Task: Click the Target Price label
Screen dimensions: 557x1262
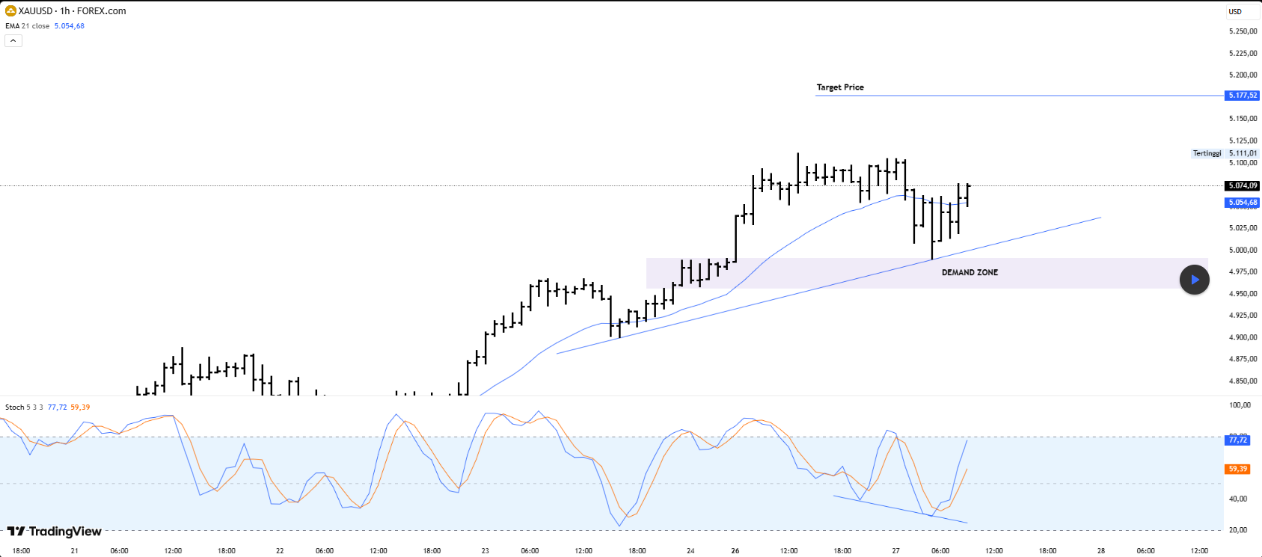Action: pos(839,87)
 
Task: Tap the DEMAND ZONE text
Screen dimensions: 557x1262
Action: pos(970,273)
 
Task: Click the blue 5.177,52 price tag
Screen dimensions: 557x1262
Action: pos(1242,96)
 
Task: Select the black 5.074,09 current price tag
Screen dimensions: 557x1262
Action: pos(1242,185)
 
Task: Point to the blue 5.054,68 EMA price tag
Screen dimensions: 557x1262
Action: pos(1242,203)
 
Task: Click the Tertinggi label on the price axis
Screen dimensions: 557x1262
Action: pos(1207,153)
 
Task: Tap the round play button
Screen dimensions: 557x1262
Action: pos(1194,280)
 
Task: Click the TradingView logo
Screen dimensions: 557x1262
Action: pos(55,532)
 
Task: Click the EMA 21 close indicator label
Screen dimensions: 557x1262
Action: pos(28,26)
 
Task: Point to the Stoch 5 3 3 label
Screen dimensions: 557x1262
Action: pos(24,407)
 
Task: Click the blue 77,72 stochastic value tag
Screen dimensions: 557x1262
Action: pos(1238,440)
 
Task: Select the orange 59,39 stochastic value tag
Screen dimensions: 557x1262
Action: pos(1238,470)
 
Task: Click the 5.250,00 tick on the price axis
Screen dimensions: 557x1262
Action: pos(1243,31)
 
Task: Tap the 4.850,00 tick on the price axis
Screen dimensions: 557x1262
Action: pos(1243,381)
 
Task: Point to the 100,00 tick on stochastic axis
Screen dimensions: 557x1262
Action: pos(1240,405)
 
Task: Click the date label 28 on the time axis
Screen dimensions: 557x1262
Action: pos(1101,551)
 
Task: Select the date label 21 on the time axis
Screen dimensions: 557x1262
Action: pos(74,551)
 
